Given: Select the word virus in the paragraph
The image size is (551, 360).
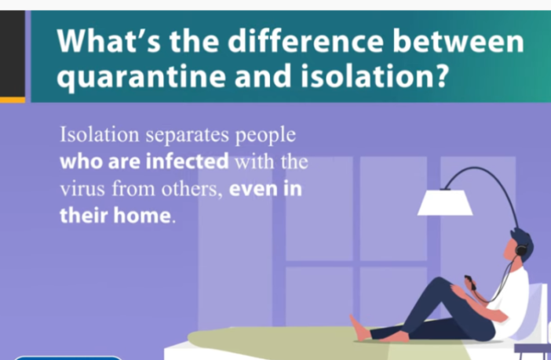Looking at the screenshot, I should click(x=82, y=189).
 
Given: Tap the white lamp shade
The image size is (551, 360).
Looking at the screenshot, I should click(x=445, y=202).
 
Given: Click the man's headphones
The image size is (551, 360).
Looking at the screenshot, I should click(x=521, y=249).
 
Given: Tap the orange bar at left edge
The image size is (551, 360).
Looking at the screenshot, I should click(x=12, y=100).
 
